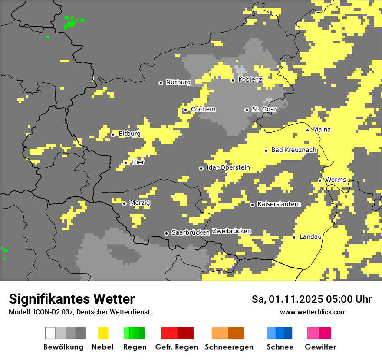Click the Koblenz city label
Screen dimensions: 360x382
[250, 79]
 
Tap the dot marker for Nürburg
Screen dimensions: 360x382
[161, 82]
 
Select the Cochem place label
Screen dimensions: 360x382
[203, 109]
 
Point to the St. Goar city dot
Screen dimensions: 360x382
[247, 110]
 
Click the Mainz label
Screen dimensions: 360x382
[322, 130]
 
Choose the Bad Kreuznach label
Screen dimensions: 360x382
[293, 150]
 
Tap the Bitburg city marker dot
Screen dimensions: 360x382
[113, 134]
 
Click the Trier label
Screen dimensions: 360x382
[138, 162]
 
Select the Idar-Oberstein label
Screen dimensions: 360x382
[228, 168]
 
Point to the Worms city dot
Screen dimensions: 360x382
[320, 180]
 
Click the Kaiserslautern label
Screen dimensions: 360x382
[279, 204]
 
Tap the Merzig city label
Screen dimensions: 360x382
[140, 203]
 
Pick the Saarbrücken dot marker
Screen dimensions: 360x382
[166, 233]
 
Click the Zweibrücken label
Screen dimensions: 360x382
[231, 231]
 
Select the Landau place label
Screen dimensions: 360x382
[310, 237]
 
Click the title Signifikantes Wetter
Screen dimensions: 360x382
[72, 299]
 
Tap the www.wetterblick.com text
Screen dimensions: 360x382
[313, 312]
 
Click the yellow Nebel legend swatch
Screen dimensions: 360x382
[103, 333]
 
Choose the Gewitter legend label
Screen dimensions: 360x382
[320, 347]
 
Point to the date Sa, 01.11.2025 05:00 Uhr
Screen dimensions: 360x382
[312, 299]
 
